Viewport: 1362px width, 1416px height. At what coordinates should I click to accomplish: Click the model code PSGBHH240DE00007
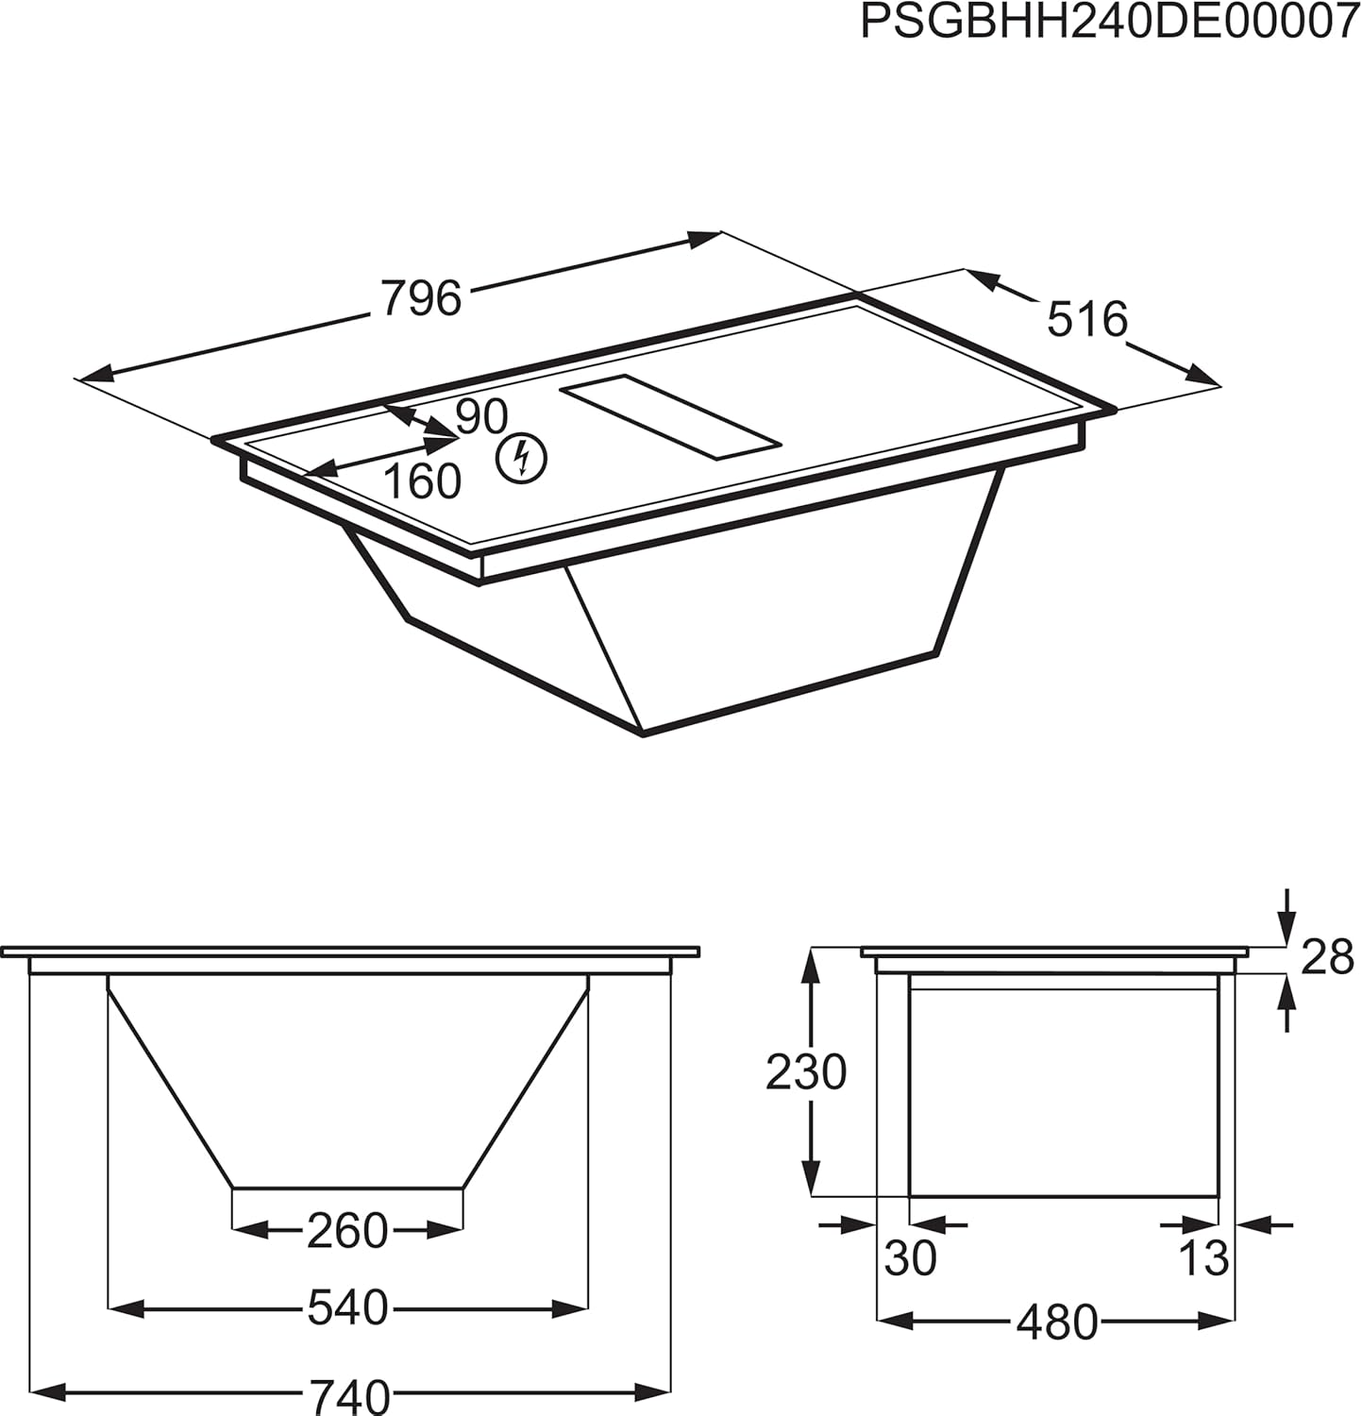click(1110, 22)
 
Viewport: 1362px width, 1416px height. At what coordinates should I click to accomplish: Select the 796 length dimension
click(421, 298)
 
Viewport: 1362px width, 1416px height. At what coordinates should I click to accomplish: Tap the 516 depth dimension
click(1087, 319)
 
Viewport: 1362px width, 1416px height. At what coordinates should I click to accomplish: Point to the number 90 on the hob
click(481, 416)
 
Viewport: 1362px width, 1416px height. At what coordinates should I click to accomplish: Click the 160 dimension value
click(422, 481)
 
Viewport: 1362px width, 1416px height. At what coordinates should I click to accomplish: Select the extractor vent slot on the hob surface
click(670, 417)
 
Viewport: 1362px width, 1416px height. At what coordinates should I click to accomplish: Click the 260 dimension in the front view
click(347, 1230)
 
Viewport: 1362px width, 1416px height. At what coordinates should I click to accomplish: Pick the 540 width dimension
click(347, 1308)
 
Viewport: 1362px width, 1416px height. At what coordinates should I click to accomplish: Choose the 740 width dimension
click(347, 1393)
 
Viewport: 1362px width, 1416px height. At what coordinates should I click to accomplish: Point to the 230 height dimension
click(805, 1072)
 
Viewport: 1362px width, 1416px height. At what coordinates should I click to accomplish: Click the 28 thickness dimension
click(1327, 958)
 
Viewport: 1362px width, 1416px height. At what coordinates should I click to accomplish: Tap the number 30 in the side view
click(910, 1258)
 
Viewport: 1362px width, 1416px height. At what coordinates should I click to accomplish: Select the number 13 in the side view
click(1204, 1258)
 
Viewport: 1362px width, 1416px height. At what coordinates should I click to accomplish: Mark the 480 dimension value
click(1056, 1323)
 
